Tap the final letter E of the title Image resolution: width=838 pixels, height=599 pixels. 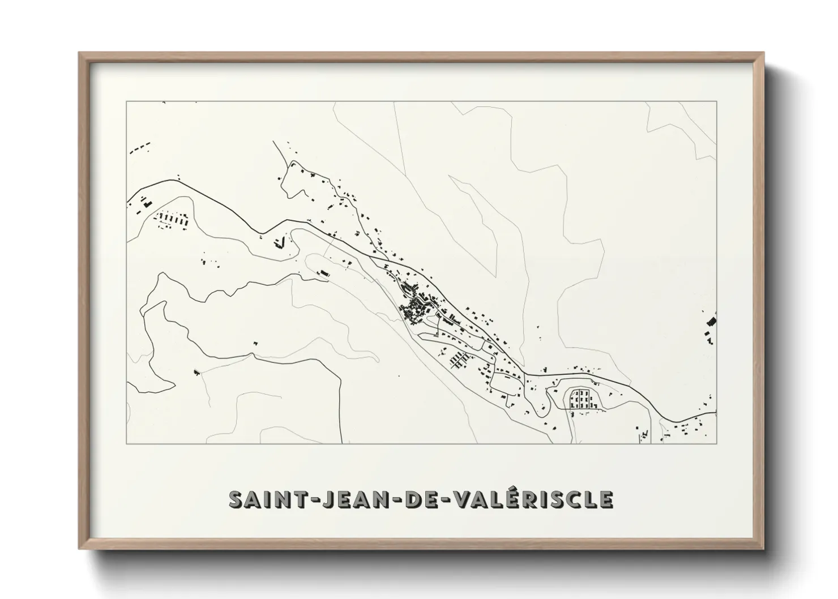(606, 499)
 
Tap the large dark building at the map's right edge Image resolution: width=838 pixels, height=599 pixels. (712, 322)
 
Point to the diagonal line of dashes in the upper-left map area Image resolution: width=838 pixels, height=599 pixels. (140, 148)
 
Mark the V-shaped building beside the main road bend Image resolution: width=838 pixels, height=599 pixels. (279, 243)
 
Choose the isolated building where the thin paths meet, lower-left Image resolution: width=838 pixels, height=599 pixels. (196, 371)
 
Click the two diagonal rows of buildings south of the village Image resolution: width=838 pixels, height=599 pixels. (459, 360)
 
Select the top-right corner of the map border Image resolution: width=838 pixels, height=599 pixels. (716, 101)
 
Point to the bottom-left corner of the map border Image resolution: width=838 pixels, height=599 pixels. (126, 443)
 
